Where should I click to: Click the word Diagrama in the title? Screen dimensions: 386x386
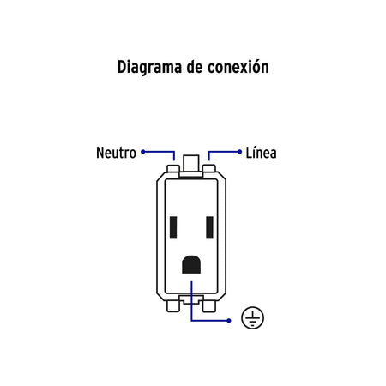[x=149, y=68]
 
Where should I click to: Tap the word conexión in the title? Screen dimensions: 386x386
[x=238, y=67]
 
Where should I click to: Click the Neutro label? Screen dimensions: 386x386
[x=116, y=153]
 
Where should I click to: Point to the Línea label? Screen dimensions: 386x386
[x=262, y=153]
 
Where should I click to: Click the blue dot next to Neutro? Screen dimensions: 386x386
[x=143, y=152]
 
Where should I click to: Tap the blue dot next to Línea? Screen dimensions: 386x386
[x=239, y=152]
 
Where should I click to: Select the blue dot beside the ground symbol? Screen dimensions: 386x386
[x=229, y=321]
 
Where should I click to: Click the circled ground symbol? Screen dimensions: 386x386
[x=252, y=317]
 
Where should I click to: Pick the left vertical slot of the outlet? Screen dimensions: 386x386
[x=173, y=227]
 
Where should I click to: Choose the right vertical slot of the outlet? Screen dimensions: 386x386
[x=209, y=227]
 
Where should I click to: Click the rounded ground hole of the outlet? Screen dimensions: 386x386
[x=191, y=264]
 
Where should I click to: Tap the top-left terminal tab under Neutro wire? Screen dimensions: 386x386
[x=173, y=168]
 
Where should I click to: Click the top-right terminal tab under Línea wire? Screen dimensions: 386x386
[x=209, y=168]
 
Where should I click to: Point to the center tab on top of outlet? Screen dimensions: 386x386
[x=191, y=163]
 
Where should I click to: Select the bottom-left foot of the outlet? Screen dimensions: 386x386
[x=173, y=306]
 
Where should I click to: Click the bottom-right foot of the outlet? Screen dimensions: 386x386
[x=209, y=306]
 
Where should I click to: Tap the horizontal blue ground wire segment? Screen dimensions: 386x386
[x=210, y=321]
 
